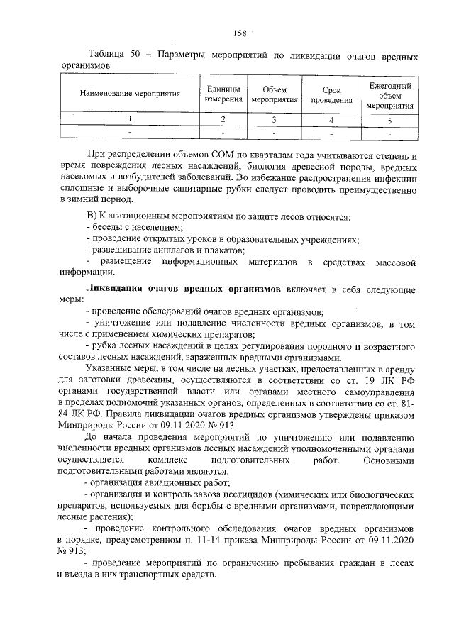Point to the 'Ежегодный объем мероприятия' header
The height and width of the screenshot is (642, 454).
point(390,94)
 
